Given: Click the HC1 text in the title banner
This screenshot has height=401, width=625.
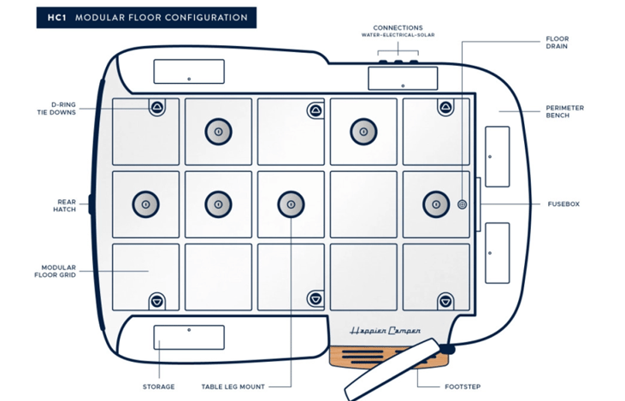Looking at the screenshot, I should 57,17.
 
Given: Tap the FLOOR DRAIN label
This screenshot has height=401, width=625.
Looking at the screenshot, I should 557,44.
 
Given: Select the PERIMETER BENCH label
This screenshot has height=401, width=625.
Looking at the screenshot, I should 565,112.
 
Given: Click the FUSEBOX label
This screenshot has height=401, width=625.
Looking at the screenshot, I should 563,204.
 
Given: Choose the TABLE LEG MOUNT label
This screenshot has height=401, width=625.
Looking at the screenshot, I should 237,386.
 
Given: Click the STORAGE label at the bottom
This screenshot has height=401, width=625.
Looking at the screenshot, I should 158,386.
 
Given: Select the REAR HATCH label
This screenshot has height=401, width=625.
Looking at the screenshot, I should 66,205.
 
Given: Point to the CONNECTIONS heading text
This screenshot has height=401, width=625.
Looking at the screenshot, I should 398,28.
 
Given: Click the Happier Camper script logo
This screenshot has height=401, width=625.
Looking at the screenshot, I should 385,330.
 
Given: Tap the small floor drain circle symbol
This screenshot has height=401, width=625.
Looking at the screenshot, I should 463,204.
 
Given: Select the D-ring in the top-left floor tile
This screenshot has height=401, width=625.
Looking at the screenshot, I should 157,108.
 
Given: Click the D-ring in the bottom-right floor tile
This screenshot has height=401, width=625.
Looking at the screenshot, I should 445,300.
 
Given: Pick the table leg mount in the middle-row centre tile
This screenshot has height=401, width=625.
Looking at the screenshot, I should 291,203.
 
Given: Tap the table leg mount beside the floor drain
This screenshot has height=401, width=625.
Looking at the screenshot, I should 436,203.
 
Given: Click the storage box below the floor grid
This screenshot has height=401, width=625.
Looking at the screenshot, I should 188,338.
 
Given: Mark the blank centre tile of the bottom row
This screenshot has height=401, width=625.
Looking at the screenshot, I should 291,276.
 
